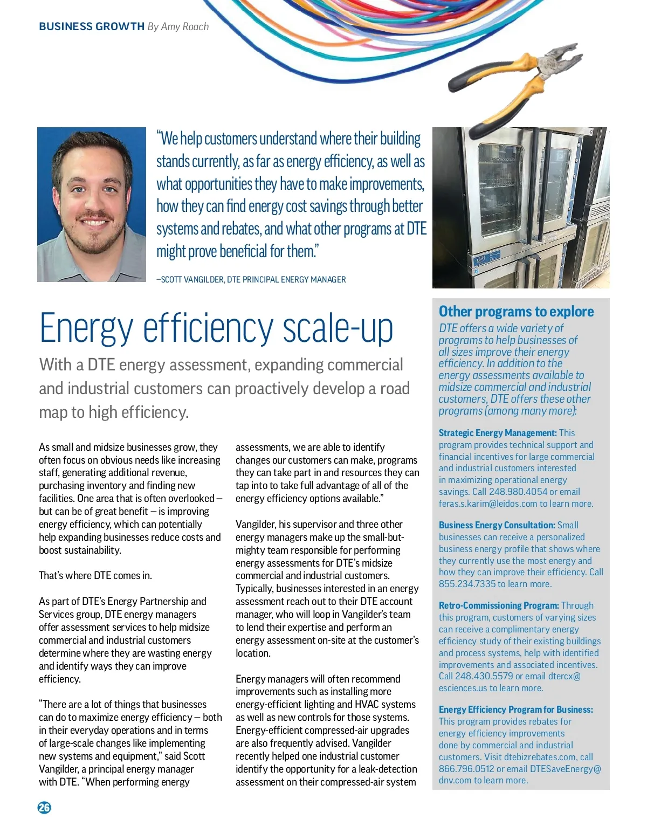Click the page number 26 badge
point(44,807)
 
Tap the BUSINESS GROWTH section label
point(92,26)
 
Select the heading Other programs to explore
point(516,312)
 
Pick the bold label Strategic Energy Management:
point(497,433)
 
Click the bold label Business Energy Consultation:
point(497,525)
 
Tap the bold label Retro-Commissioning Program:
point(498,605)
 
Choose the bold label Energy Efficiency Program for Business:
point(515,710)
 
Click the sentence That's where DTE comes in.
point(95,575)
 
